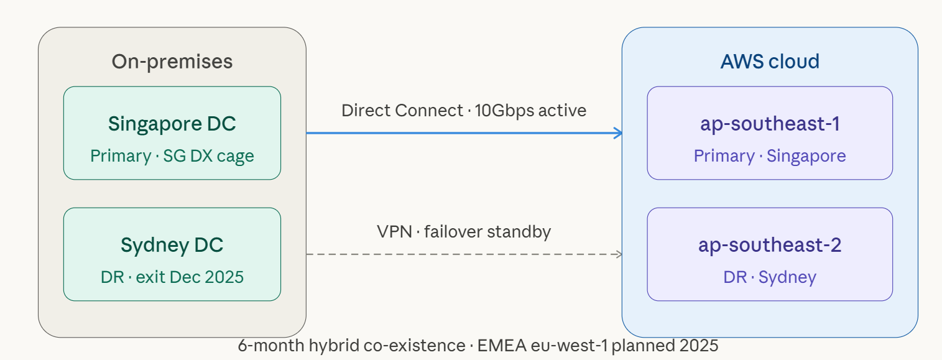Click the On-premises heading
click(x=172, y=62)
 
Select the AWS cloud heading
click(x=770, y=62)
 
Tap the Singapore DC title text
click(x=172, y=124)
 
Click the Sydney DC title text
click(x=172, y=245)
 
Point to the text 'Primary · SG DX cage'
click(x=172, y=155)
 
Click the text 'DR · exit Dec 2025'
click(x=172, y=277)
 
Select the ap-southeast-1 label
click(x=770, y=124)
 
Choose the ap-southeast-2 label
click(x=770, y=245)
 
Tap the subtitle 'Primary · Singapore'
click(x=770, y=155)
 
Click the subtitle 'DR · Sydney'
click(x=770, y=277)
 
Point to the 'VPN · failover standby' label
click(x=464, y=232)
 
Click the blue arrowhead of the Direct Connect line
click(x=619, y=132)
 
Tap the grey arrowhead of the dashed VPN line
click(x=619, y=254)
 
